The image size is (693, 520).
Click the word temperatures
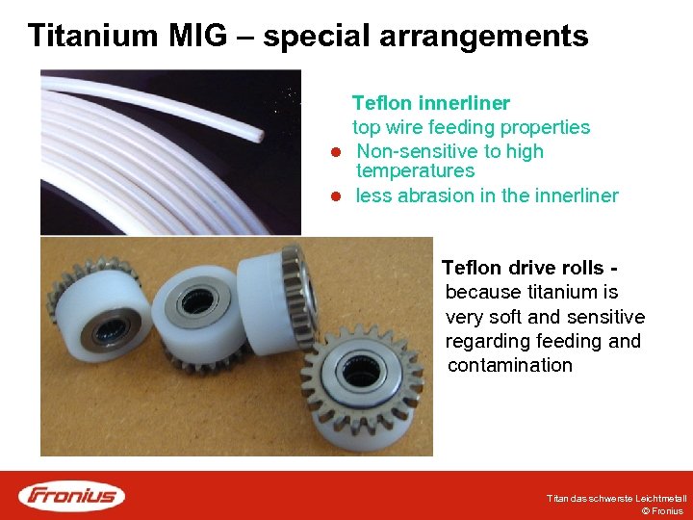[x=415, y=171]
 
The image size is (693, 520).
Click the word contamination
[x=510, y=366]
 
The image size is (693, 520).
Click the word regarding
[x=485, y=342]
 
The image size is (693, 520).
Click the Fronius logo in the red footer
[x=72, y=495]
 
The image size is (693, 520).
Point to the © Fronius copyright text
[x=662, y=511]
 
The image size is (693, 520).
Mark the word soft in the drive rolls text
[x=502, y=317]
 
